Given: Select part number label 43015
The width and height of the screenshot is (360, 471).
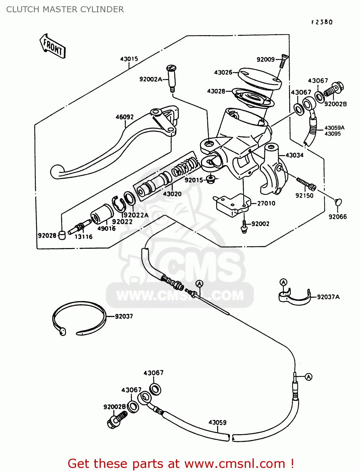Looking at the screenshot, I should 129,59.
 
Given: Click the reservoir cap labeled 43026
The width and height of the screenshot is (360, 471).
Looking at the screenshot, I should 259,78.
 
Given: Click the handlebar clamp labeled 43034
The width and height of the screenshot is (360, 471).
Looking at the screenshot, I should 272,170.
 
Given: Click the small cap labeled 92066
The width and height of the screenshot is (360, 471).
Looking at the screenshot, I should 338,202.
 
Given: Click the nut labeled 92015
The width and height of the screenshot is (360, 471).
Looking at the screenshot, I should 210,179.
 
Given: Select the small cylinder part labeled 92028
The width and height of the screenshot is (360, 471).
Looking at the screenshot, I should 62,235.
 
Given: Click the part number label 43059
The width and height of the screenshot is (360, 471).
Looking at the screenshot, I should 217,422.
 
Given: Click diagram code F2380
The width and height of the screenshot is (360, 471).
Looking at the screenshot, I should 322,22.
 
